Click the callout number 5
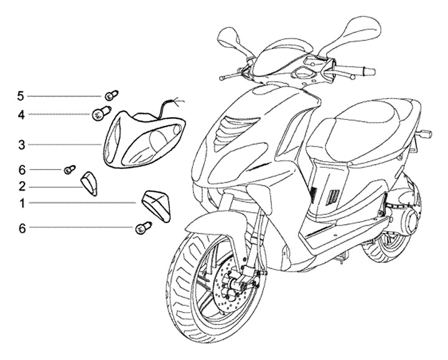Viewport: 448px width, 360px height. pos(21,95)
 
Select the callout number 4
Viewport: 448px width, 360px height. pos(21,115)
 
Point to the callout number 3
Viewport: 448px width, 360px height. pos(21,145)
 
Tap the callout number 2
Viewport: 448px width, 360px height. pos(21,186)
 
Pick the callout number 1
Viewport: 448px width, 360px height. pos(21,203)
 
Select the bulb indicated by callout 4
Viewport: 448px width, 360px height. pos(100,113)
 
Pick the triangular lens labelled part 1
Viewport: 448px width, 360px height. pos(156,203)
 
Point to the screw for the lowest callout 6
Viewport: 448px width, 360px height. pos(141,229)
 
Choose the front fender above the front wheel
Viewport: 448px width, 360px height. pos(208,224)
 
